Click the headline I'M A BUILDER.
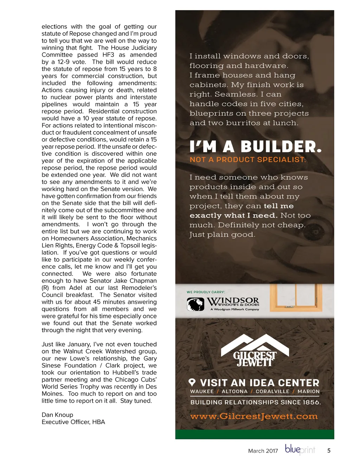255,147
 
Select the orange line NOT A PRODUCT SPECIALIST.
248,160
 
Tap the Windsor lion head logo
195,304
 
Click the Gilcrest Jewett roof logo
255,350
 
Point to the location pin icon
192,382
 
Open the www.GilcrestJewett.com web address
254,416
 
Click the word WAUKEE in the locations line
202,391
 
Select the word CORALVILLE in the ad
272,391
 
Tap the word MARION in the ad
309,391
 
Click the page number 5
329,451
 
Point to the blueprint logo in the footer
300,450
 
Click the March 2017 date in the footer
263,451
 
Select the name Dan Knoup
57,415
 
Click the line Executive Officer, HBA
73,422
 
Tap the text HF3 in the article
108,55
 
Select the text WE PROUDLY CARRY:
206,292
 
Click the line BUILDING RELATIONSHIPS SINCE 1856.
256,402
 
